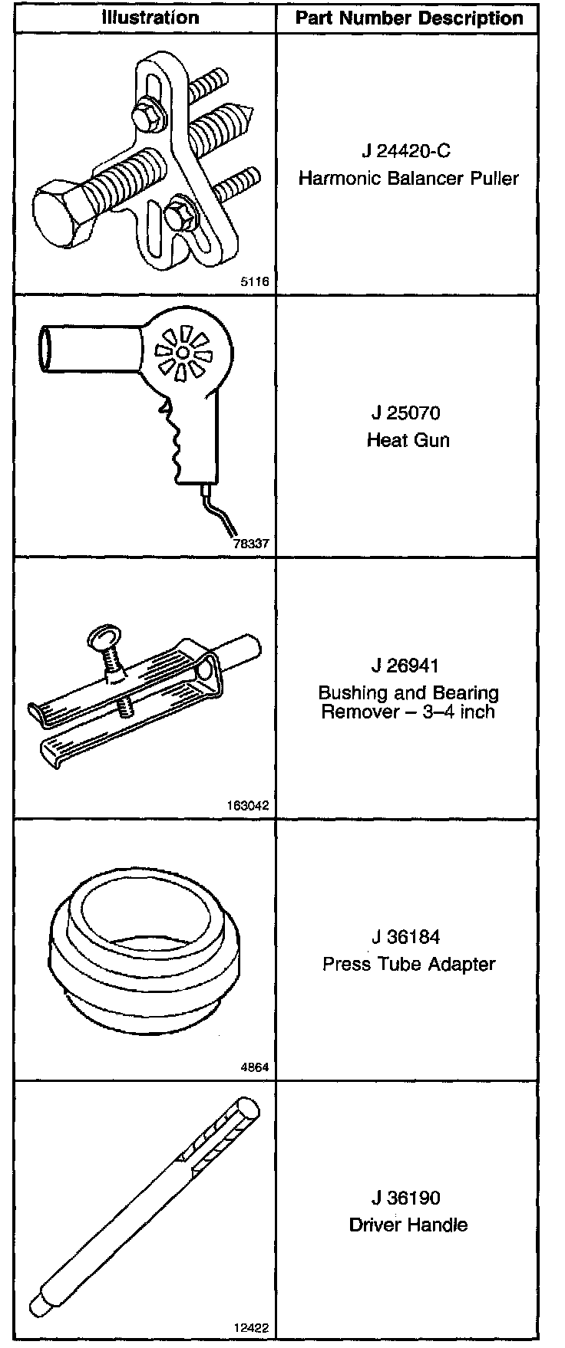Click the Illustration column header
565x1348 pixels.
click(150, 17)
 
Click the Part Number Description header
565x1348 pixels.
click(409, 18)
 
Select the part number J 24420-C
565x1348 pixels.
click(408, 150)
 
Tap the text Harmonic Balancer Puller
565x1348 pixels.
click(408, 179)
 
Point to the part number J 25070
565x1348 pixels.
click(407, 413)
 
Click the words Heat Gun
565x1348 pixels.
click(408, 440)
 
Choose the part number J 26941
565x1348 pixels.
click(407, 665)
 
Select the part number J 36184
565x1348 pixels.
click(407, 937)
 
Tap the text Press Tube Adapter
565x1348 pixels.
click(408, 964)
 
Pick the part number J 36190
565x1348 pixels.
click(407, 1198)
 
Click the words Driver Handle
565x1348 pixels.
click(408, 1225)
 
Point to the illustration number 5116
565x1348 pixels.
click(255, 282)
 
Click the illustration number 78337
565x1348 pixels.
click(252, 545)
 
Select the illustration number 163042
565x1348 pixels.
click(249, 806)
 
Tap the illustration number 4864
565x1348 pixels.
click(255, 1068)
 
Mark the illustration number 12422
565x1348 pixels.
click(252, 1330)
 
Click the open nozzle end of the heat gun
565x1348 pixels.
click(46, 350)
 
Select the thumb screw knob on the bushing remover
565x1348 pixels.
click(103, 636)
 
